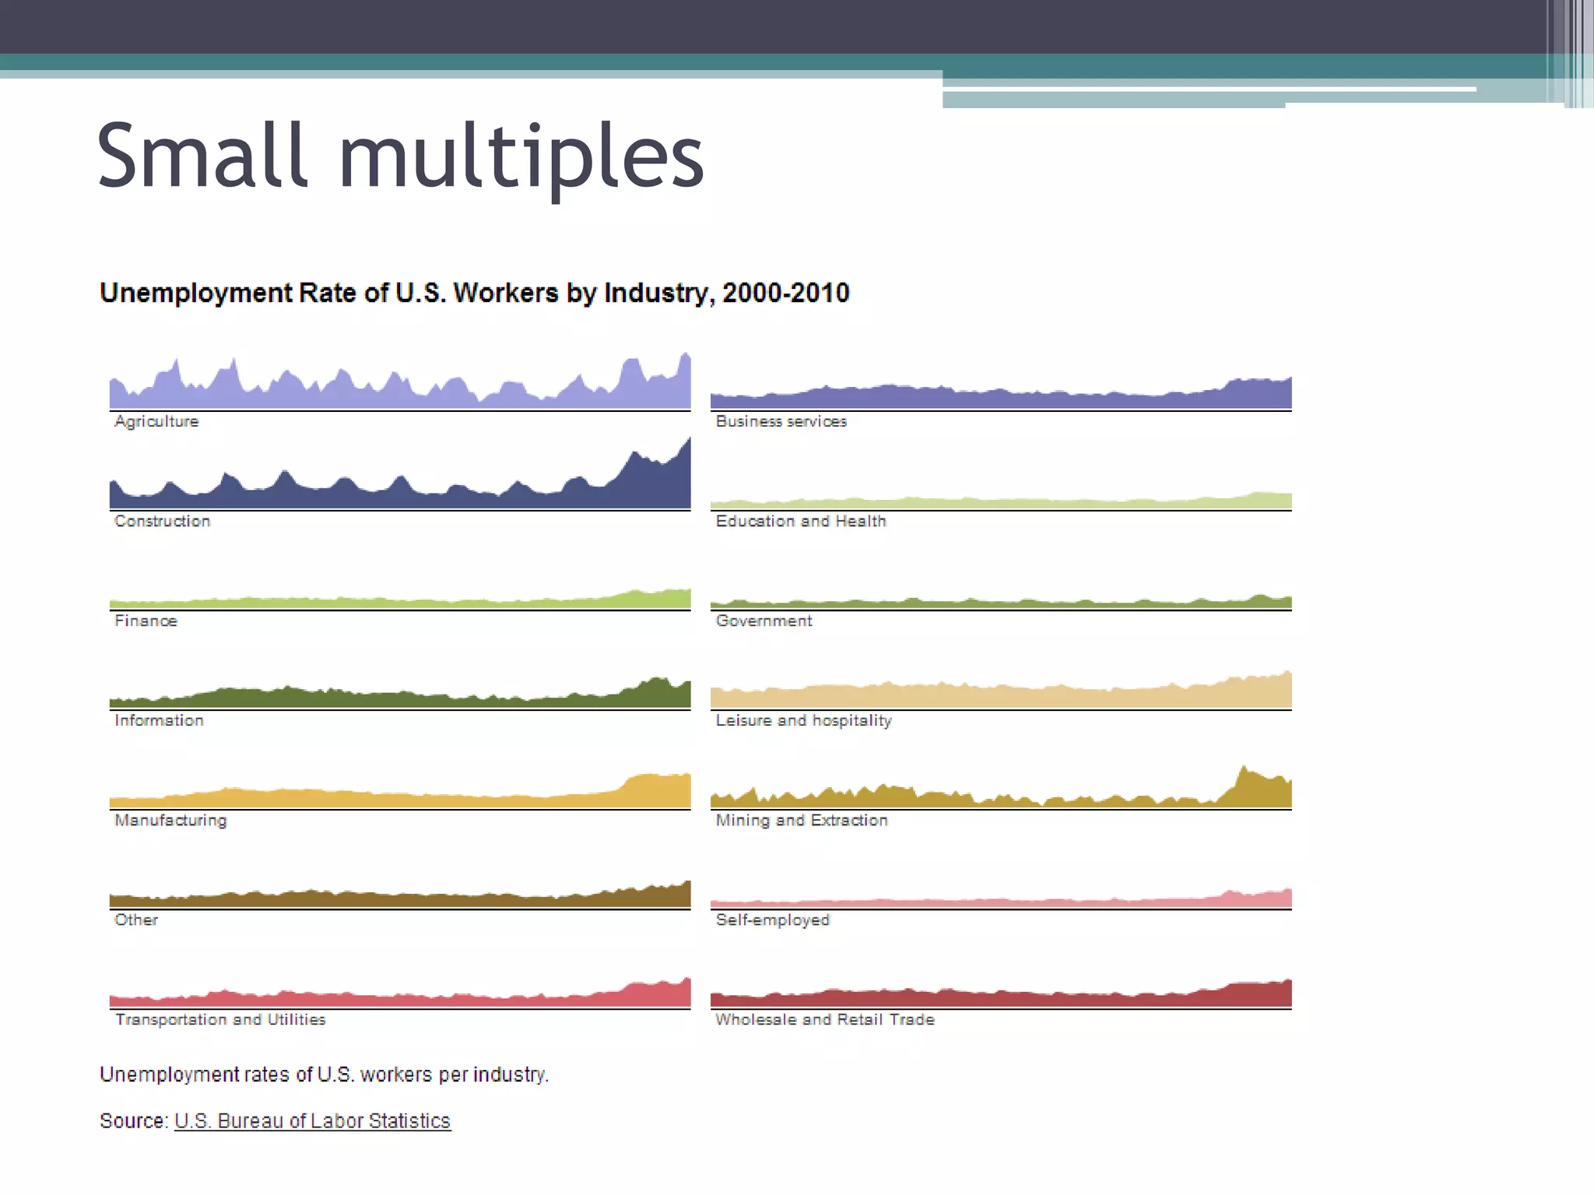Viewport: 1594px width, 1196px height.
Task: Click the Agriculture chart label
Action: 156,421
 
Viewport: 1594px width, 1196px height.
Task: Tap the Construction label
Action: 162,521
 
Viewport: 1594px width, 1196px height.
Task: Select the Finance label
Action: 146,621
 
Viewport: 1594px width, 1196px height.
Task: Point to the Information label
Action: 159,720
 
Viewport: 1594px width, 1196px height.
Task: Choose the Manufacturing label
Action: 170,820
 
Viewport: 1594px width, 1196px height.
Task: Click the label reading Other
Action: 136,920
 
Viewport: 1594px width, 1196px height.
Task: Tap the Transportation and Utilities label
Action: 220,1019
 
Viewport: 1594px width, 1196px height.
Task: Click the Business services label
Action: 781,421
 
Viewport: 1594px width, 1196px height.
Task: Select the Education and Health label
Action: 801,521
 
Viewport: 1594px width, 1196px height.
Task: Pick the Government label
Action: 764,621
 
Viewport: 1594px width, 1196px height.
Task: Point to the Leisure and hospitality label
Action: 803,720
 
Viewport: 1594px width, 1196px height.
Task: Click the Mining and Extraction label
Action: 802,820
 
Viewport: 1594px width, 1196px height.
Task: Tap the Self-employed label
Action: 773,920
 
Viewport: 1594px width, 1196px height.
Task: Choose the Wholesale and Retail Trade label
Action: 825,1019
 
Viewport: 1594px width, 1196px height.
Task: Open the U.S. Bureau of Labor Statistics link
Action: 312,1120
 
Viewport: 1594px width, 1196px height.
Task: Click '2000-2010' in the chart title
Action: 785,293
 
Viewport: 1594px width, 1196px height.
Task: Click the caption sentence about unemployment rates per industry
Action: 324,1075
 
